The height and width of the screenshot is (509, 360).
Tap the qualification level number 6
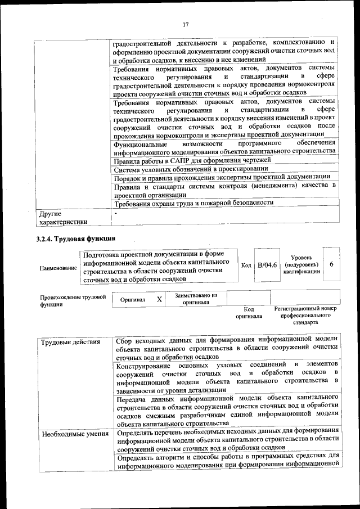[x=332, y=264]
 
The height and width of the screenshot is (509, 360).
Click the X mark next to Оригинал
[x=159, y=299]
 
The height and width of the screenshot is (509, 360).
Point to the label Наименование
[x=58, y=268]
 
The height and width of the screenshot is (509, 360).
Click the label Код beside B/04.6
[x=246, y=265]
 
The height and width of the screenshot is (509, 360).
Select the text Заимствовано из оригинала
[x=195, y=299]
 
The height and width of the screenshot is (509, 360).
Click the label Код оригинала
[x=249, y=313]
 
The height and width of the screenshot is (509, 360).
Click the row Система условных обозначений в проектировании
[x=190, y=169]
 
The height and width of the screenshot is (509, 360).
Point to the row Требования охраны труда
[x=193, y=202]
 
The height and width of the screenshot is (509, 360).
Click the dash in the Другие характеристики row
[x=116, y=214]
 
